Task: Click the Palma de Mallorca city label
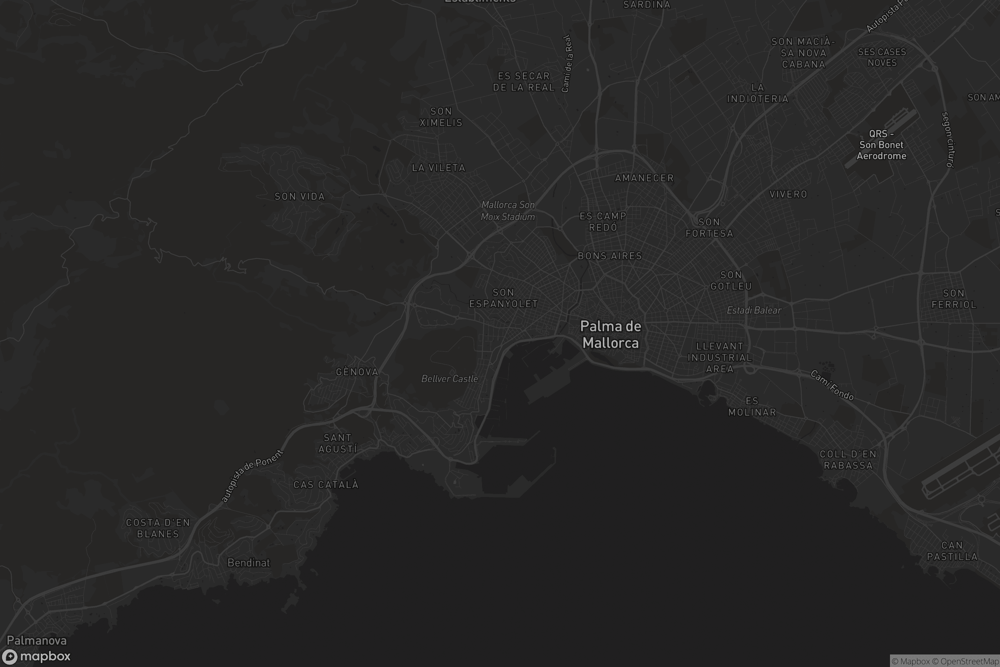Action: pyautogui.click(x=610, y=334)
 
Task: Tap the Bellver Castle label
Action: pyautogui.click(x=450, y=379)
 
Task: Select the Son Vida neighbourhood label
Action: pyautogui.click(x=300, y=196)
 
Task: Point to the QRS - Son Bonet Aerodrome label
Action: pyautogui.click(x=881, y=145)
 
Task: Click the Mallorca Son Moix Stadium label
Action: pyautogui.click(x=507, y=211)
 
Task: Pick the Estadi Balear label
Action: pyautogui.click(x=754, y=311)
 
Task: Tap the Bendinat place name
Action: pyautogui.click(x=249, y=563)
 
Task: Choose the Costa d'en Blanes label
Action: pyautogui.click(x=158, y=528)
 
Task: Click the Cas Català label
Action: pyautogui.click(x=326, y=485)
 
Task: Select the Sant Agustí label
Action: pyautogui.click(x=337, y=443)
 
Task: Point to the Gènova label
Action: pyautogui.click(x=357, y=372)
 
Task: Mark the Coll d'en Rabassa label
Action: pyautogui.click(x=848, y=460)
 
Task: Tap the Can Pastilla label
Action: pyautogui.click(x=952, y=551)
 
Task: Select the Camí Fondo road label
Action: pyautogui.click(x=832, y=385)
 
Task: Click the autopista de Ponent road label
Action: pyautogui.click(x=252, y=476)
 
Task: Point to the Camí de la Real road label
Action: pyautogui.click(x=567, y=64)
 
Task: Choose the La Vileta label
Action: pyautogui.click(x=438, y=168)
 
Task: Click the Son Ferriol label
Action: pyautogui.click(x=954, y=299)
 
